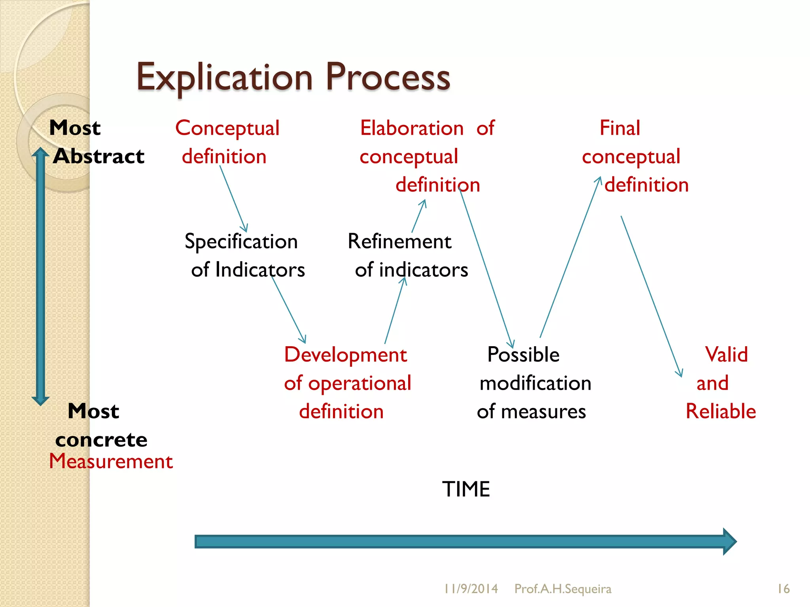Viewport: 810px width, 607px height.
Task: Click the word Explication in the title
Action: coord(225,77)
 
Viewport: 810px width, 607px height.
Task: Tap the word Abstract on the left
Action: coord(99,156)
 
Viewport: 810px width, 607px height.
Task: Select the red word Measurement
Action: coord(111,461)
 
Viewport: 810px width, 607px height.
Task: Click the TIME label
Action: coord(466,489)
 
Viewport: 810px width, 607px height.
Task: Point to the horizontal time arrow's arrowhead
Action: coord(729,541)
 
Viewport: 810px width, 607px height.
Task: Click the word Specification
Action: coord(241,241)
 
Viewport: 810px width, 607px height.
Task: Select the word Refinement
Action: coord(399,241)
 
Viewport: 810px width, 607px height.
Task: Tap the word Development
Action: coord(345,354)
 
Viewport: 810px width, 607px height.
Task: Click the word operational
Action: coord(360,383)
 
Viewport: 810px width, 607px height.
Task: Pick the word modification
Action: coord(535,383)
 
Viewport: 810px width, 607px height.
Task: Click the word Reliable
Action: coord(721,411)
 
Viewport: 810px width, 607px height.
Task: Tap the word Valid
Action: coord(726,354)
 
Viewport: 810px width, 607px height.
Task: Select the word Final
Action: coord(620,128)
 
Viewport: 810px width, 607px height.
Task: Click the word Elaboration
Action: coord(412,128)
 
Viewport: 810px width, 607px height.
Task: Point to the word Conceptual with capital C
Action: coord(227,128)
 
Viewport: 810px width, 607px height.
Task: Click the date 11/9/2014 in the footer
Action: coord(471,589)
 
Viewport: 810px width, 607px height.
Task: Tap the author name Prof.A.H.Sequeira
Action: coord(562,589)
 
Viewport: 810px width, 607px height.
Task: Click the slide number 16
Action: coord(783,589)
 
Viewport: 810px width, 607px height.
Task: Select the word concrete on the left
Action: coord(101,440)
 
